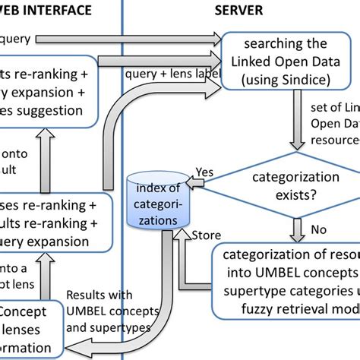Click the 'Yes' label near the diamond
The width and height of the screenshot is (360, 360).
click(x=204, y=172)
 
